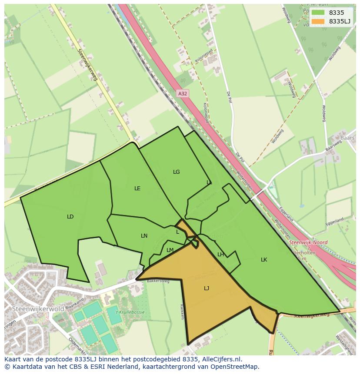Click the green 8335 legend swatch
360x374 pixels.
coord(318,13)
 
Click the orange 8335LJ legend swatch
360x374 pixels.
coord(318,21)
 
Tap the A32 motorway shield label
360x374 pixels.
coord(183,93)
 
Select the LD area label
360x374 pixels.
coord(70,216)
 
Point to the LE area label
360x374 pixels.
coord(137,188)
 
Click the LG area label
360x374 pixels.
coord(176,172)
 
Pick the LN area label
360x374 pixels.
coord(144,235)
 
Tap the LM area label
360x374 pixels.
coord(170,250)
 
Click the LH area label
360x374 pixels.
coord(220,254)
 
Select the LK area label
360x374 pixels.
coord(264,259)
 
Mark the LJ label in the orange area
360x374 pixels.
coord(207,288)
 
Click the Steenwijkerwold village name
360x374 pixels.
coord(33,308)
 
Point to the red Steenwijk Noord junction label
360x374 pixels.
coord(308,242)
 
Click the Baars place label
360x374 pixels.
coord(347,138)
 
